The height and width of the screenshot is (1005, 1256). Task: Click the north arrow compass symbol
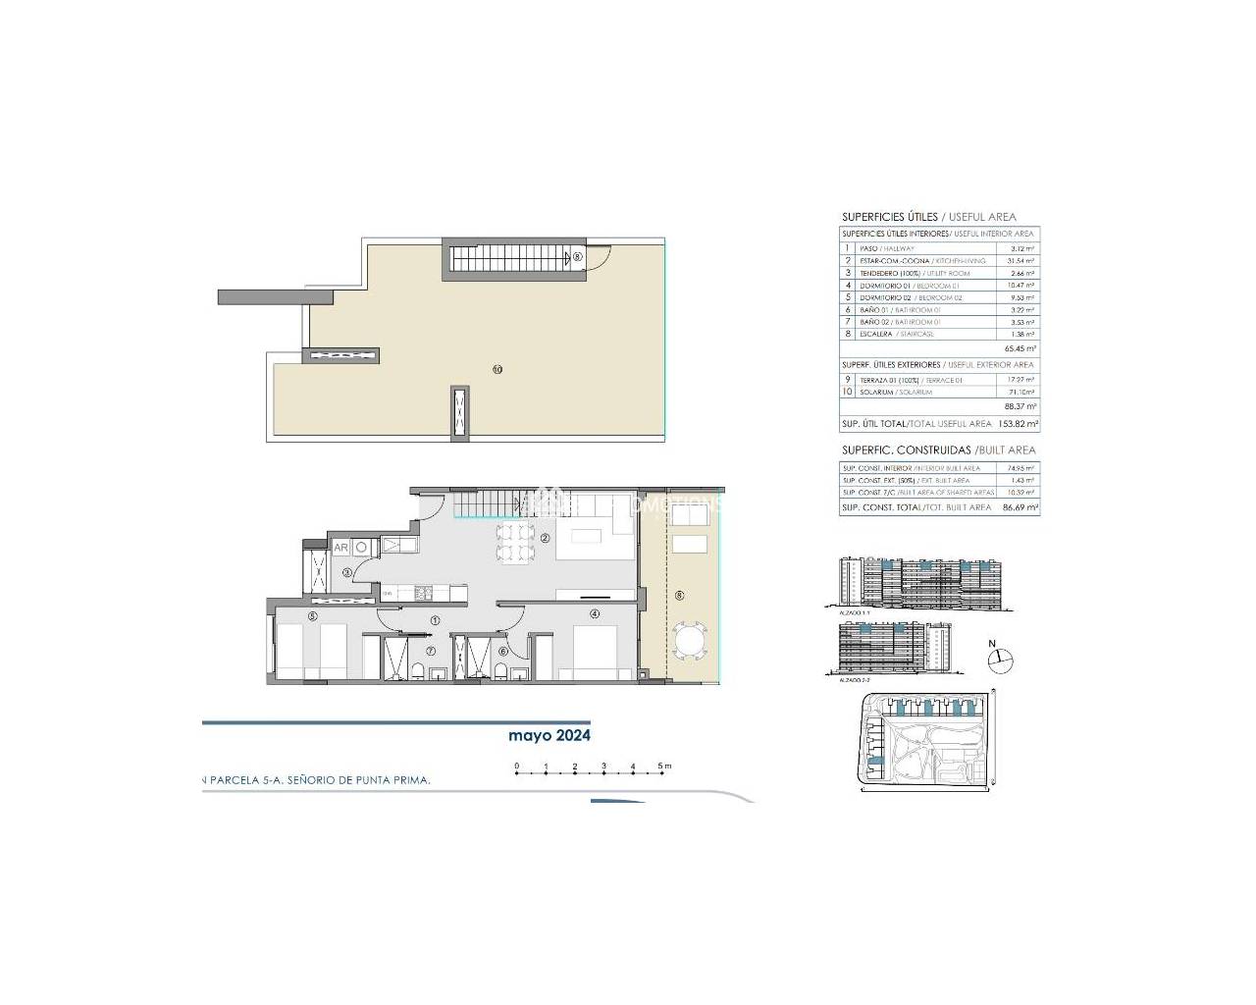tap(1000, 661)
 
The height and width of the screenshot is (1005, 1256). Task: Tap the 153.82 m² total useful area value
tap(1019, 424)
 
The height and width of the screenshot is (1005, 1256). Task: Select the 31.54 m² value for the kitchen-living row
tap(1021, 261)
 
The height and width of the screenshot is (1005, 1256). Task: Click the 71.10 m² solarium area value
tap(1021, 392)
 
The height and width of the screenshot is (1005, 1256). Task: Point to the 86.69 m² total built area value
tap(1019, 507)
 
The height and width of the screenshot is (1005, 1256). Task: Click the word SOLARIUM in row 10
tap(876, 392)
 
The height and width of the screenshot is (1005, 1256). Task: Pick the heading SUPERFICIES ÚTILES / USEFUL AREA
tap(928, 217)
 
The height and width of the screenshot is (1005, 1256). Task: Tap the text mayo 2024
tap(549, 735)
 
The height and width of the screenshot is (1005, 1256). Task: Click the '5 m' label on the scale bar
tap(664, 766)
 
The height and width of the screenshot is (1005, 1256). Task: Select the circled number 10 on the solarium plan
tap(497, 369)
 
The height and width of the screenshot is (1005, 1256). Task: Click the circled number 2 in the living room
tap(545, 538)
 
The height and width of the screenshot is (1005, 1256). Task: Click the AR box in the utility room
tap(341, 547)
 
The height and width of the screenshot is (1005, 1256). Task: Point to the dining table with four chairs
tap(514, 543)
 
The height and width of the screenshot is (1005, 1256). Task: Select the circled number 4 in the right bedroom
tap(594, 614)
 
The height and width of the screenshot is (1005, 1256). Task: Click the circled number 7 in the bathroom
tap(430, 651)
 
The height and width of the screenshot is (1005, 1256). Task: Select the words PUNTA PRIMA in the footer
tap(392, 780)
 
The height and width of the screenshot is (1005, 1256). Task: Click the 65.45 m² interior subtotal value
tap(1020, 348)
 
